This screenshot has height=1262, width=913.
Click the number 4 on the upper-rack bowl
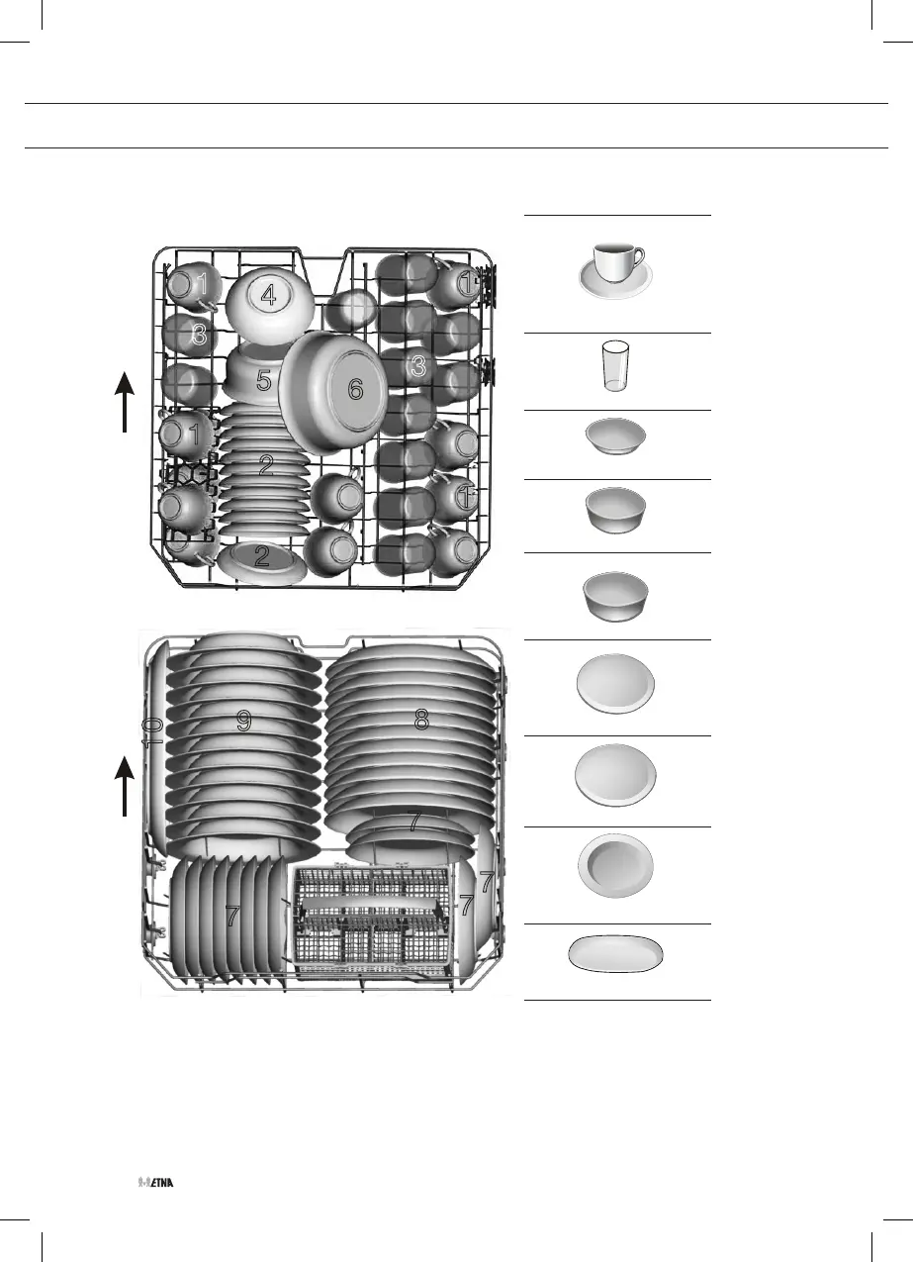click(x=268, y=294)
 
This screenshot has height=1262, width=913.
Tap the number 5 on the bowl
click(x=264, y=380)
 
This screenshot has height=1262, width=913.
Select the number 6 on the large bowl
click(x=355, y=390)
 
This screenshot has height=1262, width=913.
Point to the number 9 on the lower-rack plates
click(x=243, y=722)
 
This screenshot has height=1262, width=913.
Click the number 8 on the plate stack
click(x=421, y=721)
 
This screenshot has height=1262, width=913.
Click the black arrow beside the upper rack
click(x=125, y=401)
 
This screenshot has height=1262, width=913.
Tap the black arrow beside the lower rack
click(x=125, y=785)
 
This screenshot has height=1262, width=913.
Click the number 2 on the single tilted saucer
click(x=261, y=556)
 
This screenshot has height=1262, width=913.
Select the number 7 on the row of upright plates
click(x=231, y=917)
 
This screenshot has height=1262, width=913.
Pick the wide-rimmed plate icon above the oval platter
click(x=615, y=864)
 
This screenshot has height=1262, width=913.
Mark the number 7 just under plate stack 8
click(x=416, y=821)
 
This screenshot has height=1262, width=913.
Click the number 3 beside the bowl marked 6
click(x=418, y=366)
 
